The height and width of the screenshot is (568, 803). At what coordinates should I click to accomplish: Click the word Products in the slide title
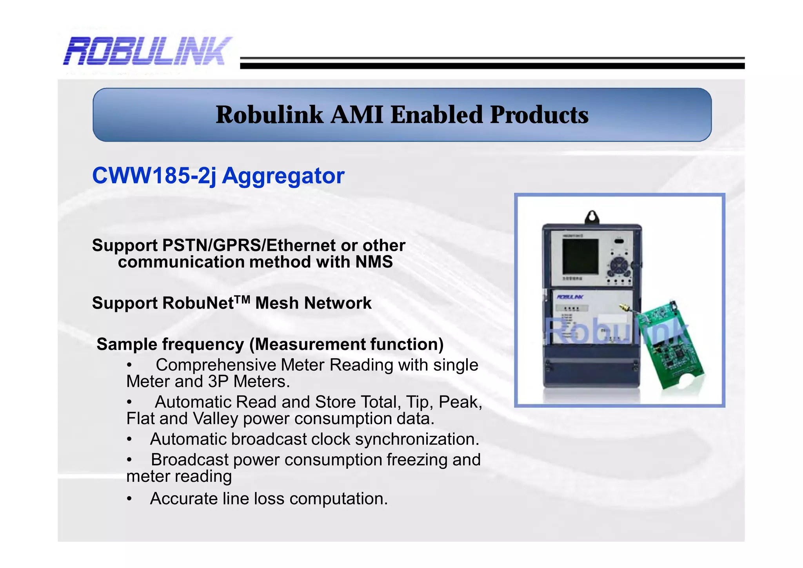tap(539, 115)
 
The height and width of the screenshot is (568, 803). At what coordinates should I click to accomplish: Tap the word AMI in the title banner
tap(356, 115)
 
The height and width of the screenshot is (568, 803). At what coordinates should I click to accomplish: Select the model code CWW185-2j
tap(154, 176)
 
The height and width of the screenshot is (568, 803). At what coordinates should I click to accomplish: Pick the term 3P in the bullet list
tap(218, 381)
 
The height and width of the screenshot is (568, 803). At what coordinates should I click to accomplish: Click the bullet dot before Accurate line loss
tap(129, 499)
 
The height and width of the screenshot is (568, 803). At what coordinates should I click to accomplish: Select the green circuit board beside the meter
tap(669, 345)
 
